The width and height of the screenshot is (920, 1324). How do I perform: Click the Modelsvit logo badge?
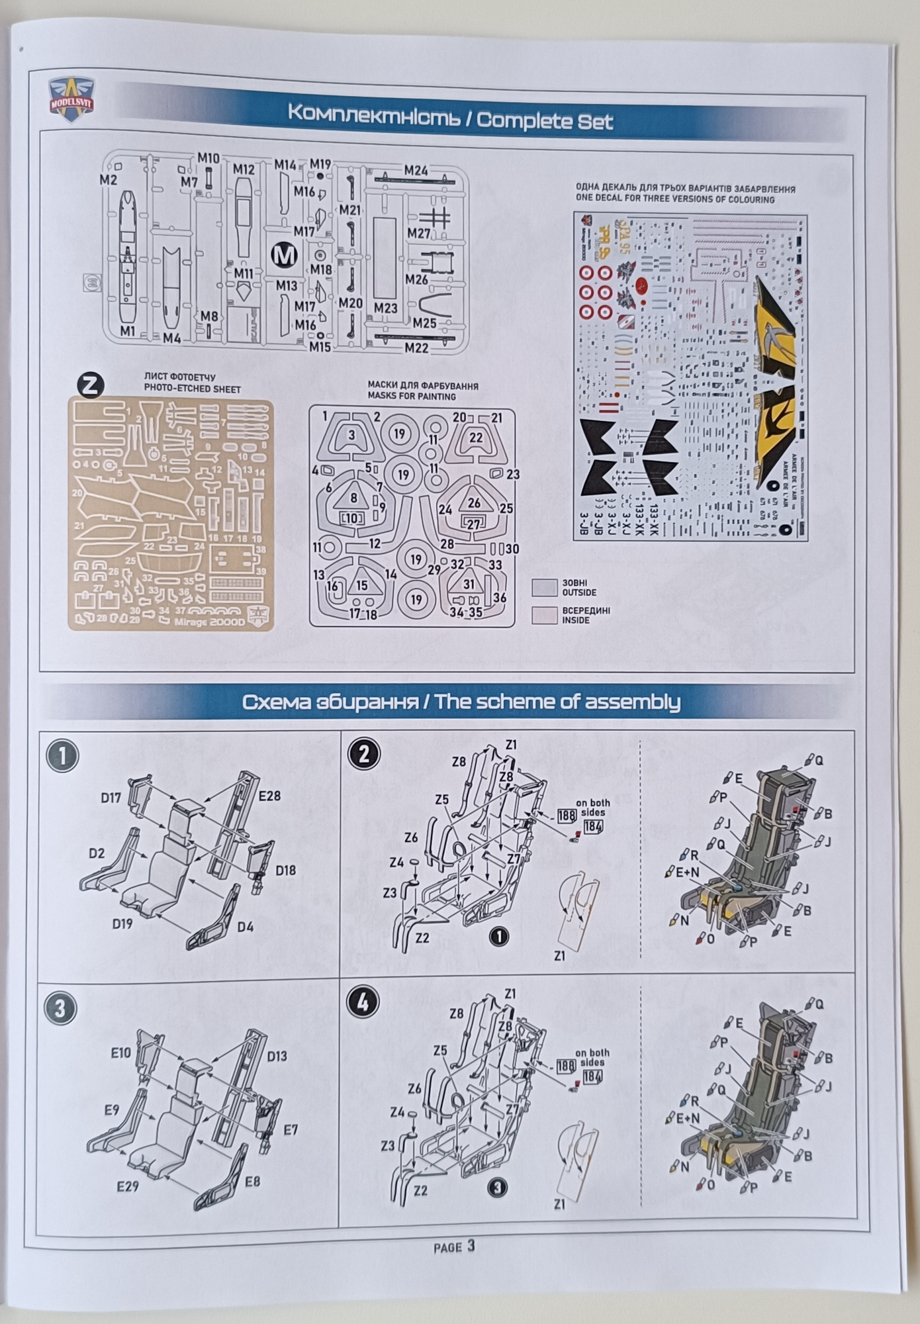pos(71,99)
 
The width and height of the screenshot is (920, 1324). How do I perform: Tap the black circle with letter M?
pos(285,255)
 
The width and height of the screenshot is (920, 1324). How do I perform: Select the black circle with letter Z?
pos(91,385)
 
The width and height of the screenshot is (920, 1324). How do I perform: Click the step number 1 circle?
pos(64,756)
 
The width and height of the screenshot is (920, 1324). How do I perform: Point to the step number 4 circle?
pos(363,1003)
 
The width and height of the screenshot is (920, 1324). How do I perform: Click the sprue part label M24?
pos(416,171)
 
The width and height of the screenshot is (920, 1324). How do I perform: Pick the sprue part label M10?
pos(208,158)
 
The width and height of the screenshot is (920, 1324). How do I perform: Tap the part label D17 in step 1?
pos(111,798)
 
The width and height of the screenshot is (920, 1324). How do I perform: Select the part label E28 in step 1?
pos(269,796)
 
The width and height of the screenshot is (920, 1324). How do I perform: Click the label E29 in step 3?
pos(128,1186)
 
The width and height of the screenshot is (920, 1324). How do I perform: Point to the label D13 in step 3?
pos(277,1056)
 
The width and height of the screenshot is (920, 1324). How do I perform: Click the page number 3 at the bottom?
pos(471,1246)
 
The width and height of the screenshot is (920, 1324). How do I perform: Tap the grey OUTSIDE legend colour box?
pos(544,587)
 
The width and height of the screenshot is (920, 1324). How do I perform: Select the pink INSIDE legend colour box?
pos(544,615)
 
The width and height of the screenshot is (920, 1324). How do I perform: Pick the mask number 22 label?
pos(476,438)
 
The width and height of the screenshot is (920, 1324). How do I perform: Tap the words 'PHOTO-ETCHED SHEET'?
pos(193,389)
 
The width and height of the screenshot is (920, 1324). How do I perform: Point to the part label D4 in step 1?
pos(246,927)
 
